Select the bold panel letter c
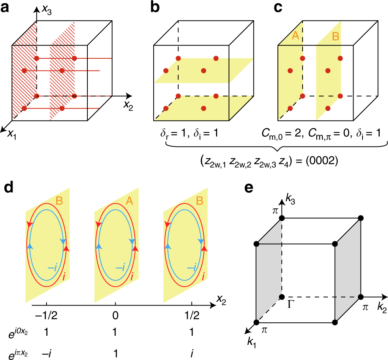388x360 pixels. (278, 8)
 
